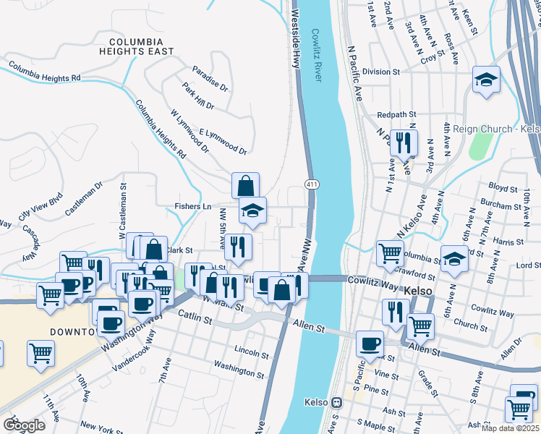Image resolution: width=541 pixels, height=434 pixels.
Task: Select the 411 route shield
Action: pos(310,186)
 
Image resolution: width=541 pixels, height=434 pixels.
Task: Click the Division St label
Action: pos(381,72)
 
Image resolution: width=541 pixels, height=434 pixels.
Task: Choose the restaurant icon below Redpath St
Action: pos(403,142)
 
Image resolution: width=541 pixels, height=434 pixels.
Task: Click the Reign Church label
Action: pos(496,129)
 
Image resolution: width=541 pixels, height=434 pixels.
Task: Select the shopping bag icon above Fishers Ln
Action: pos(246,185)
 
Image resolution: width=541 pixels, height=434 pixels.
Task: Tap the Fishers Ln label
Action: pos(192,207)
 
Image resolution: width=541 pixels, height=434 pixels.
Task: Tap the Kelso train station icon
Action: pos(336,402)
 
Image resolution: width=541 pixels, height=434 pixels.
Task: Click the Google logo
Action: pos(23,425)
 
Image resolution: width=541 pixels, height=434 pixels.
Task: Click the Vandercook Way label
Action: pos(134,352)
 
